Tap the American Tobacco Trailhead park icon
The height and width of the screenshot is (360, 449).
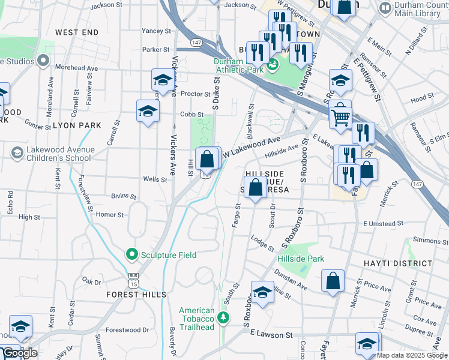pos(223,317)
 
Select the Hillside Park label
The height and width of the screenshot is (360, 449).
pos(301,259)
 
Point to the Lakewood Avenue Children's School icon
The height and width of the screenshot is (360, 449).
pos(16,154)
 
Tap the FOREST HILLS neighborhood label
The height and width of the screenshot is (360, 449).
pos(136,295)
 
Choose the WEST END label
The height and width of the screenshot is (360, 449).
pos(76,31)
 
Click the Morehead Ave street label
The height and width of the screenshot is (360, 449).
pos(76,68)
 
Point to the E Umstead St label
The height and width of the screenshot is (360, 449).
pos(379,224)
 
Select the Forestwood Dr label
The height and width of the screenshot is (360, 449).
pos(127,329)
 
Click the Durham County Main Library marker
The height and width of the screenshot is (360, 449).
pos(385,8)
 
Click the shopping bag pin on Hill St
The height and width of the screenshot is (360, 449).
pos(206,160)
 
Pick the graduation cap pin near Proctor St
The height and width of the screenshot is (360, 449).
pos(161,80)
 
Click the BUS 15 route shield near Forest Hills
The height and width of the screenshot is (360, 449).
pos(133,280)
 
